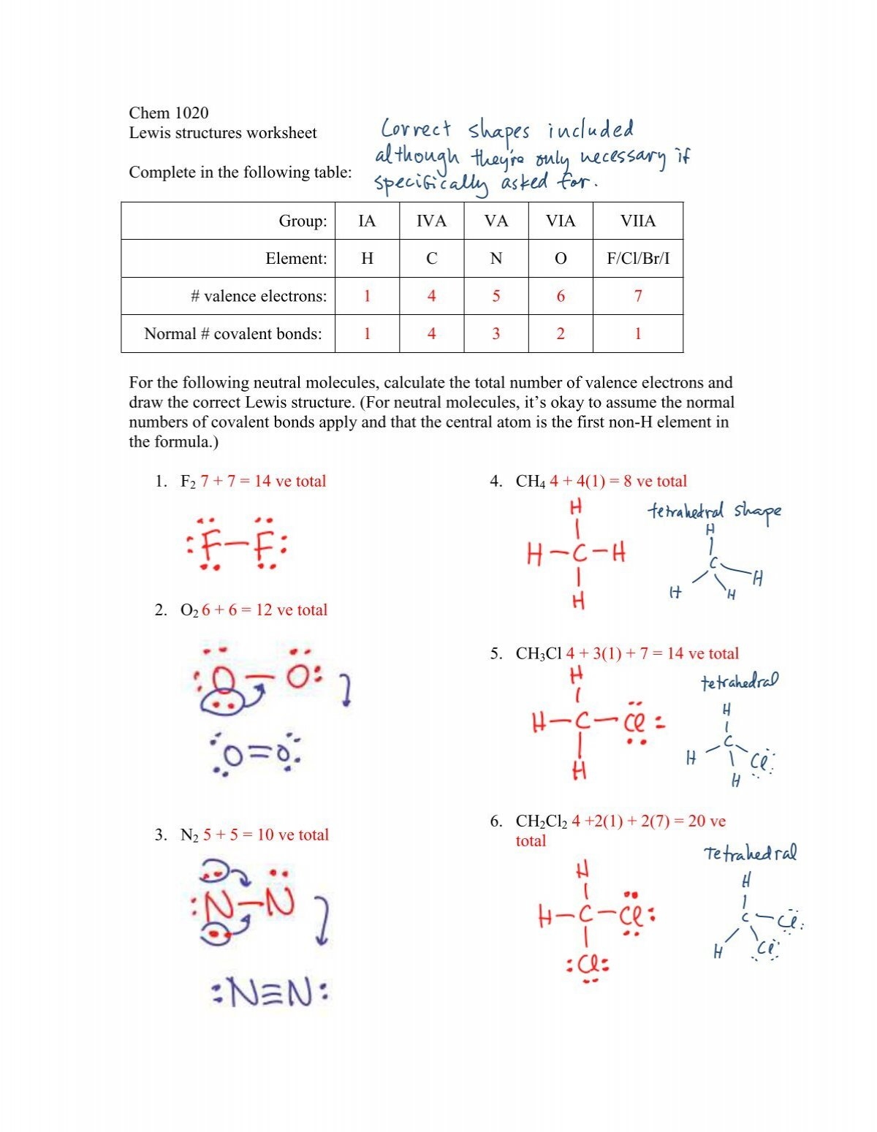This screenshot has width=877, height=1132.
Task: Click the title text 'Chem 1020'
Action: point(168,113)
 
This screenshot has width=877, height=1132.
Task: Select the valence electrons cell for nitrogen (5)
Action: point(496,296)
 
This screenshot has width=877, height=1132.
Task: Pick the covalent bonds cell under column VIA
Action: point(561,334)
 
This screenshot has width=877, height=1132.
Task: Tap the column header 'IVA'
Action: point(431,221)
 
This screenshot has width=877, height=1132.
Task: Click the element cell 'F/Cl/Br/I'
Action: point(638,259)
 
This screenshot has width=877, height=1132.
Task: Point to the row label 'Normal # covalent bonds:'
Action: point(232,334)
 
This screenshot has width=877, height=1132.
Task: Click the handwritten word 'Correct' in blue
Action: point(416,130)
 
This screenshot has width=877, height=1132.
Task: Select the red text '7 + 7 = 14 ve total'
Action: point(263,482)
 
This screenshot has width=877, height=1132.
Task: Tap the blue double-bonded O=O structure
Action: point(256,755)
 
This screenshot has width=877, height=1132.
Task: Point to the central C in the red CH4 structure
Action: point(579,554)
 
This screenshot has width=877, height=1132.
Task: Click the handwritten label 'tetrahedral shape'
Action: point(714,512)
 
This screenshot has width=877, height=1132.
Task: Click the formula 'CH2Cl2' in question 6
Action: point(542,821)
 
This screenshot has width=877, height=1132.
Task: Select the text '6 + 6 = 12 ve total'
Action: point(265,610)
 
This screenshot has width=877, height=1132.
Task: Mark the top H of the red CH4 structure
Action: point(577,506)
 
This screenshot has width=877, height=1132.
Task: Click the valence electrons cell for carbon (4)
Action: point(431,296)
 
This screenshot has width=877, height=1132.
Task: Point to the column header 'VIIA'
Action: point(638,221)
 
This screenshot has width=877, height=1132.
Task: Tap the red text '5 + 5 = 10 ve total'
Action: point(266,835)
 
